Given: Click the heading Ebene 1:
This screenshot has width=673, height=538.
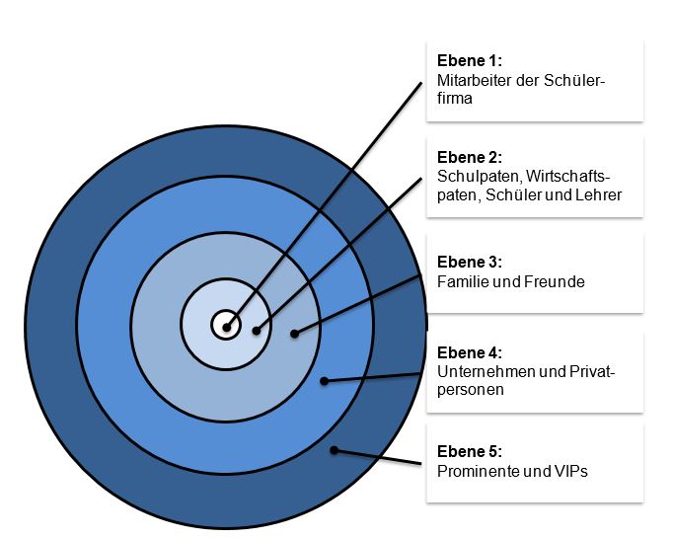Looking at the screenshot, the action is click(x=469, y=60).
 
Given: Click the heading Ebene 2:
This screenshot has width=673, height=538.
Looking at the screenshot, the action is click(x=469, y=157).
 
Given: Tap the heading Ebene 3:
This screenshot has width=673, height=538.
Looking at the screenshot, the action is click(x=469, y=262).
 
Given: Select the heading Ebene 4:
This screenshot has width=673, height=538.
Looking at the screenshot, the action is click(x=469, y=352).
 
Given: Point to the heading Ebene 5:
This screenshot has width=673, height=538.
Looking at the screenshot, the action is click(x=469, y=451).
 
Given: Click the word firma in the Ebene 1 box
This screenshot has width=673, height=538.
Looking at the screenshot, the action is click(x=455, y=98).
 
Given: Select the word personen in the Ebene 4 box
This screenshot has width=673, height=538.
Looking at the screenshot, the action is click(x=470, y=390).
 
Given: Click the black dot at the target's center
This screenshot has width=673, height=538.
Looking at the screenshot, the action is click(x=227, y=328).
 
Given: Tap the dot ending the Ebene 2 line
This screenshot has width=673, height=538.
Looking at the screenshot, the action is click(x=257, y=331).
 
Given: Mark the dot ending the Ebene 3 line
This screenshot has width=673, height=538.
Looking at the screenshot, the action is click(x=294, y=334).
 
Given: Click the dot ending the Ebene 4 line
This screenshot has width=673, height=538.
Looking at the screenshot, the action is click(x=325, y=380).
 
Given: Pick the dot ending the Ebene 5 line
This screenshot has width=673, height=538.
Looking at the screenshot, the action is click(x=334, y=450).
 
